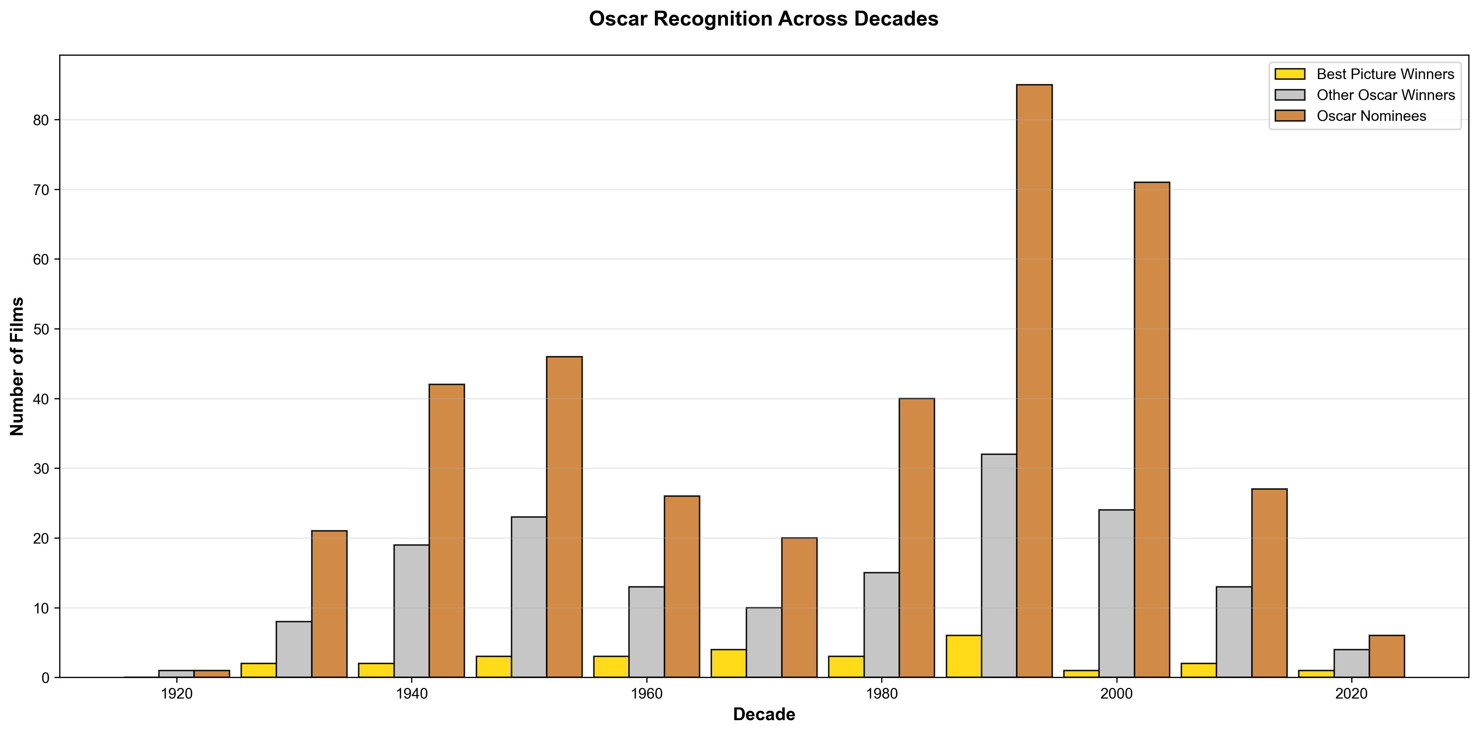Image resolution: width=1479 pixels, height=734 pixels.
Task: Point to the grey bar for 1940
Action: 412,611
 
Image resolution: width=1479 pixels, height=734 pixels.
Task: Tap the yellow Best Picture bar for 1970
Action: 729,663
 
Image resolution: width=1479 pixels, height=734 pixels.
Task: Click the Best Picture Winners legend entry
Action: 1385,74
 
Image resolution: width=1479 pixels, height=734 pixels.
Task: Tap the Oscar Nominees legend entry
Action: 1371,116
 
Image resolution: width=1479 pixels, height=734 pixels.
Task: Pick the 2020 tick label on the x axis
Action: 1352,694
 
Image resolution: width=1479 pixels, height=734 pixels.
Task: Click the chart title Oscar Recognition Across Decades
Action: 763,19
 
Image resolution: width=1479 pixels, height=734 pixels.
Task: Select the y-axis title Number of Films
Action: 17,366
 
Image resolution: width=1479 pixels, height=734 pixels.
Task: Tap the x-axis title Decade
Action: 763,714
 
